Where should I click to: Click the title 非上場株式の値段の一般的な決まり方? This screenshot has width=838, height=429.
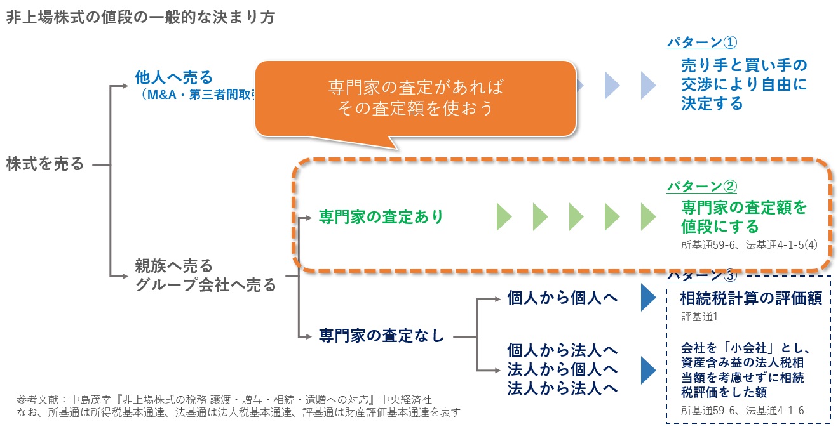point(140,17)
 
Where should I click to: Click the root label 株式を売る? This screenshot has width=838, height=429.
point(45,164)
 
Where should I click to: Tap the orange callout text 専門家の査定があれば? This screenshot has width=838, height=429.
point(419,86)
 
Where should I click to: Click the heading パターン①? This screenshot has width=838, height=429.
point(701,43)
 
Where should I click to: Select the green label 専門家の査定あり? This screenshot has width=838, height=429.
point(381,217)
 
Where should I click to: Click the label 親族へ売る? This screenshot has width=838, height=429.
point(173,265)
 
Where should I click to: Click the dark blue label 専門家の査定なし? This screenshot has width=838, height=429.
point(381,335)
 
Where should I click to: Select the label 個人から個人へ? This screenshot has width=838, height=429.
point(563,298)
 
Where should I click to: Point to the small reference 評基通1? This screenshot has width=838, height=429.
point(699,315)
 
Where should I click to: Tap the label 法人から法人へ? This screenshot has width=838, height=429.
point(563,388)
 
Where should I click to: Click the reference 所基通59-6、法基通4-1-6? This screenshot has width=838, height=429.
point(742,411)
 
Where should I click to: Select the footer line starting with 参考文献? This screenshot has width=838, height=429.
point(225,399)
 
